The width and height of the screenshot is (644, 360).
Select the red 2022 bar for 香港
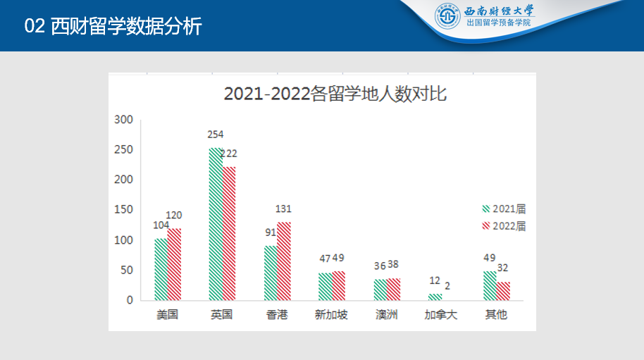(x=284, y=261)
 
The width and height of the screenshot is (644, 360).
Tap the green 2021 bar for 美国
(x=161, y=269)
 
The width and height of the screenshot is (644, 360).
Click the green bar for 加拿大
(x=435, y=297)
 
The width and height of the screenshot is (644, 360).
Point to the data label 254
(x=215, y=135)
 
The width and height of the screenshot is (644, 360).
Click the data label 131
(x=283, y=209)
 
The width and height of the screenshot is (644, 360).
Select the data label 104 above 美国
(x=161, y=225)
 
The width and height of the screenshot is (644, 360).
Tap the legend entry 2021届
(x=504, y=209)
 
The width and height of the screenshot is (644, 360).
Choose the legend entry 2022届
(x=504, y=226)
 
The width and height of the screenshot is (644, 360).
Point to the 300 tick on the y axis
(x=124, y=120)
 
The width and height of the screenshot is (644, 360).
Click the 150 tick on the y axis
(x=124, y=210)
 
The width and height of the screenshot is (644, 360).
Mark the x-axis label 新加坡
(x=331, y=315)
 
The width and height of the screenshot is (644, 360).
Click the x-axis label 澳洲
(x=387, y=315)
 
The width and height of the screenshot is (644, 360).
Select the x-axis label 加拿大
(x=441, y=315)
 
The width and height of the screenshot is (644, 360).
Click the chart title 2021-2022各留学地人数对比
(x=335, y=94)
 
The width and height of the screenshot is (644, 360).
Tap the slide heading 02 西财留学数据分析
(x=113, y=27)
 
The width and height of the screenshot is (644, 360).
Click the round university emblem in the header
(x=447, y=17)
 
